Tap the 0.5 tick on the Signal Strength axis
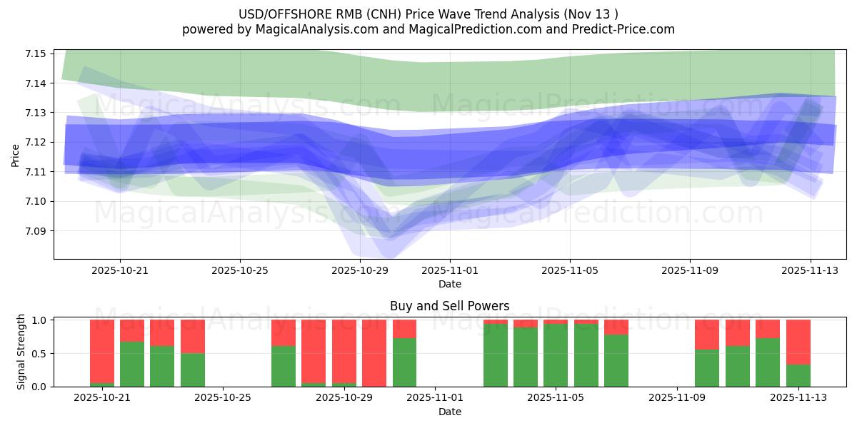point(39,354)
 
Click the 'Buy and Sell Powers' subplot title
point(449,306)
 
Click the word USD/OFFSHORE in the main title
point(276,14)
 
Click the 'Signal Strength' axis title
point(21,352)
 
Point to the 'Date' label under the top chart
point(449,284)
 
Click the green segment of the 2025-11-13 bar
point(798,375)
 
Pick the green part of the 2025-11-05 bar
point(556,355)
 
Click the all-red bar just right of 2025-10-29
point(374,353)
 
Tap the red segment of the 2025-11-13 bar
point(798,342)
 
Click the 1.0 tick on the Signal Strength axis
point(39,320)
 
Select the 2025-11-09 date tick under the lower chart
point(676,398)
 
